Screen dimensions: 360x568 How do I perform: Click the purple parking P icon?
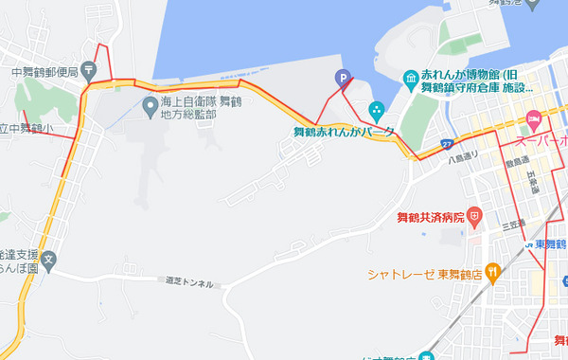tap(342, 79)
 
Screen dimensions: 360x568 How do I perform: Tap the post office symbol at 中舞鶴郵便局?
tap(88, 68)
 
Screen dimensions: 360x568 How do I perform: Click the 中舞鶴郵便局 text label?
tap(44, 70)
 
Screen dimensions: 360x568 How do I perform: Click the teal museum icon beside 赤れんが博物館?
tap(412, 76)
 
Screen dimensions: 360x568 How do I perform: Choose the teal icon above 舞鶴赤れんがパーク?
tap(376, 109)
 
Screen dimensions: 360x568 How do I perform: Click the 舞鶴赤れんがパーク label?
tap(344, 132)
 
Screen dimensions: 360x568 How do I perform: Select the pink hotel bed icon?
tap(534, 118)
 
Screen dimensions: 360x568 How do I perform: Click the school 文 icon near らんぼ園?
tap(49, 257)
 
